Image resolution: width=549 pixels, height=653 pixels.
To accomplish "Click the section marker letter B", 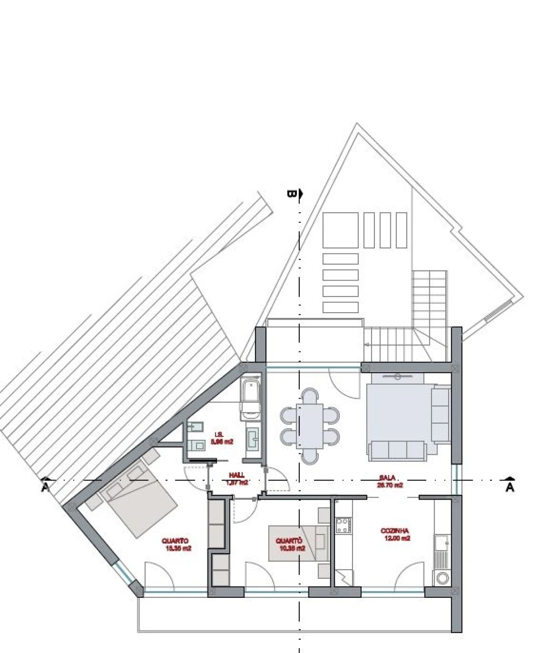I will pos(291,194).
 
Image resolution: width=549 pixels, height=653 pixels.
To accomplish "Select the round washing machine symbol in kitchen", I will pos(442,578).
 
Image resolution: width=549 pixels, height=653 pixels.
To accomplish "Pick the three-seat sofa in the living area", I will pos(397,450).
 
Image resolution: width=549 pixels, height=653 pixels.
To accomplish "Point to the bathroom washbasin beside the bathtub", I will pos(253,438).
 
